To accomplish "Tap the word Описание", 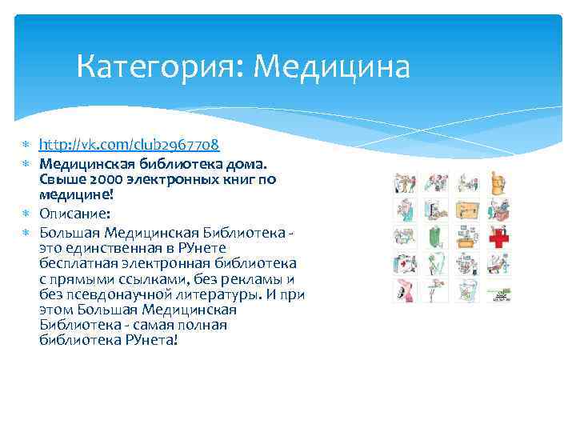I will pos(72,214).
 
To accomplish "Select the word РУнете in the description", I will pos(203,249).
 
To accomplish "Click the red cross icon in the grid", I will pos(500,237).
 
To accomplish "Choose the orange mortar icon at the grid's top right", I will pos(500,182).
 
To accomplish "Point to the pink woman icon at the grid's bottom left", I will pos(405,292).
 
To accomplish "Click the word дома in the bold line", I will pos(258,164).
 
